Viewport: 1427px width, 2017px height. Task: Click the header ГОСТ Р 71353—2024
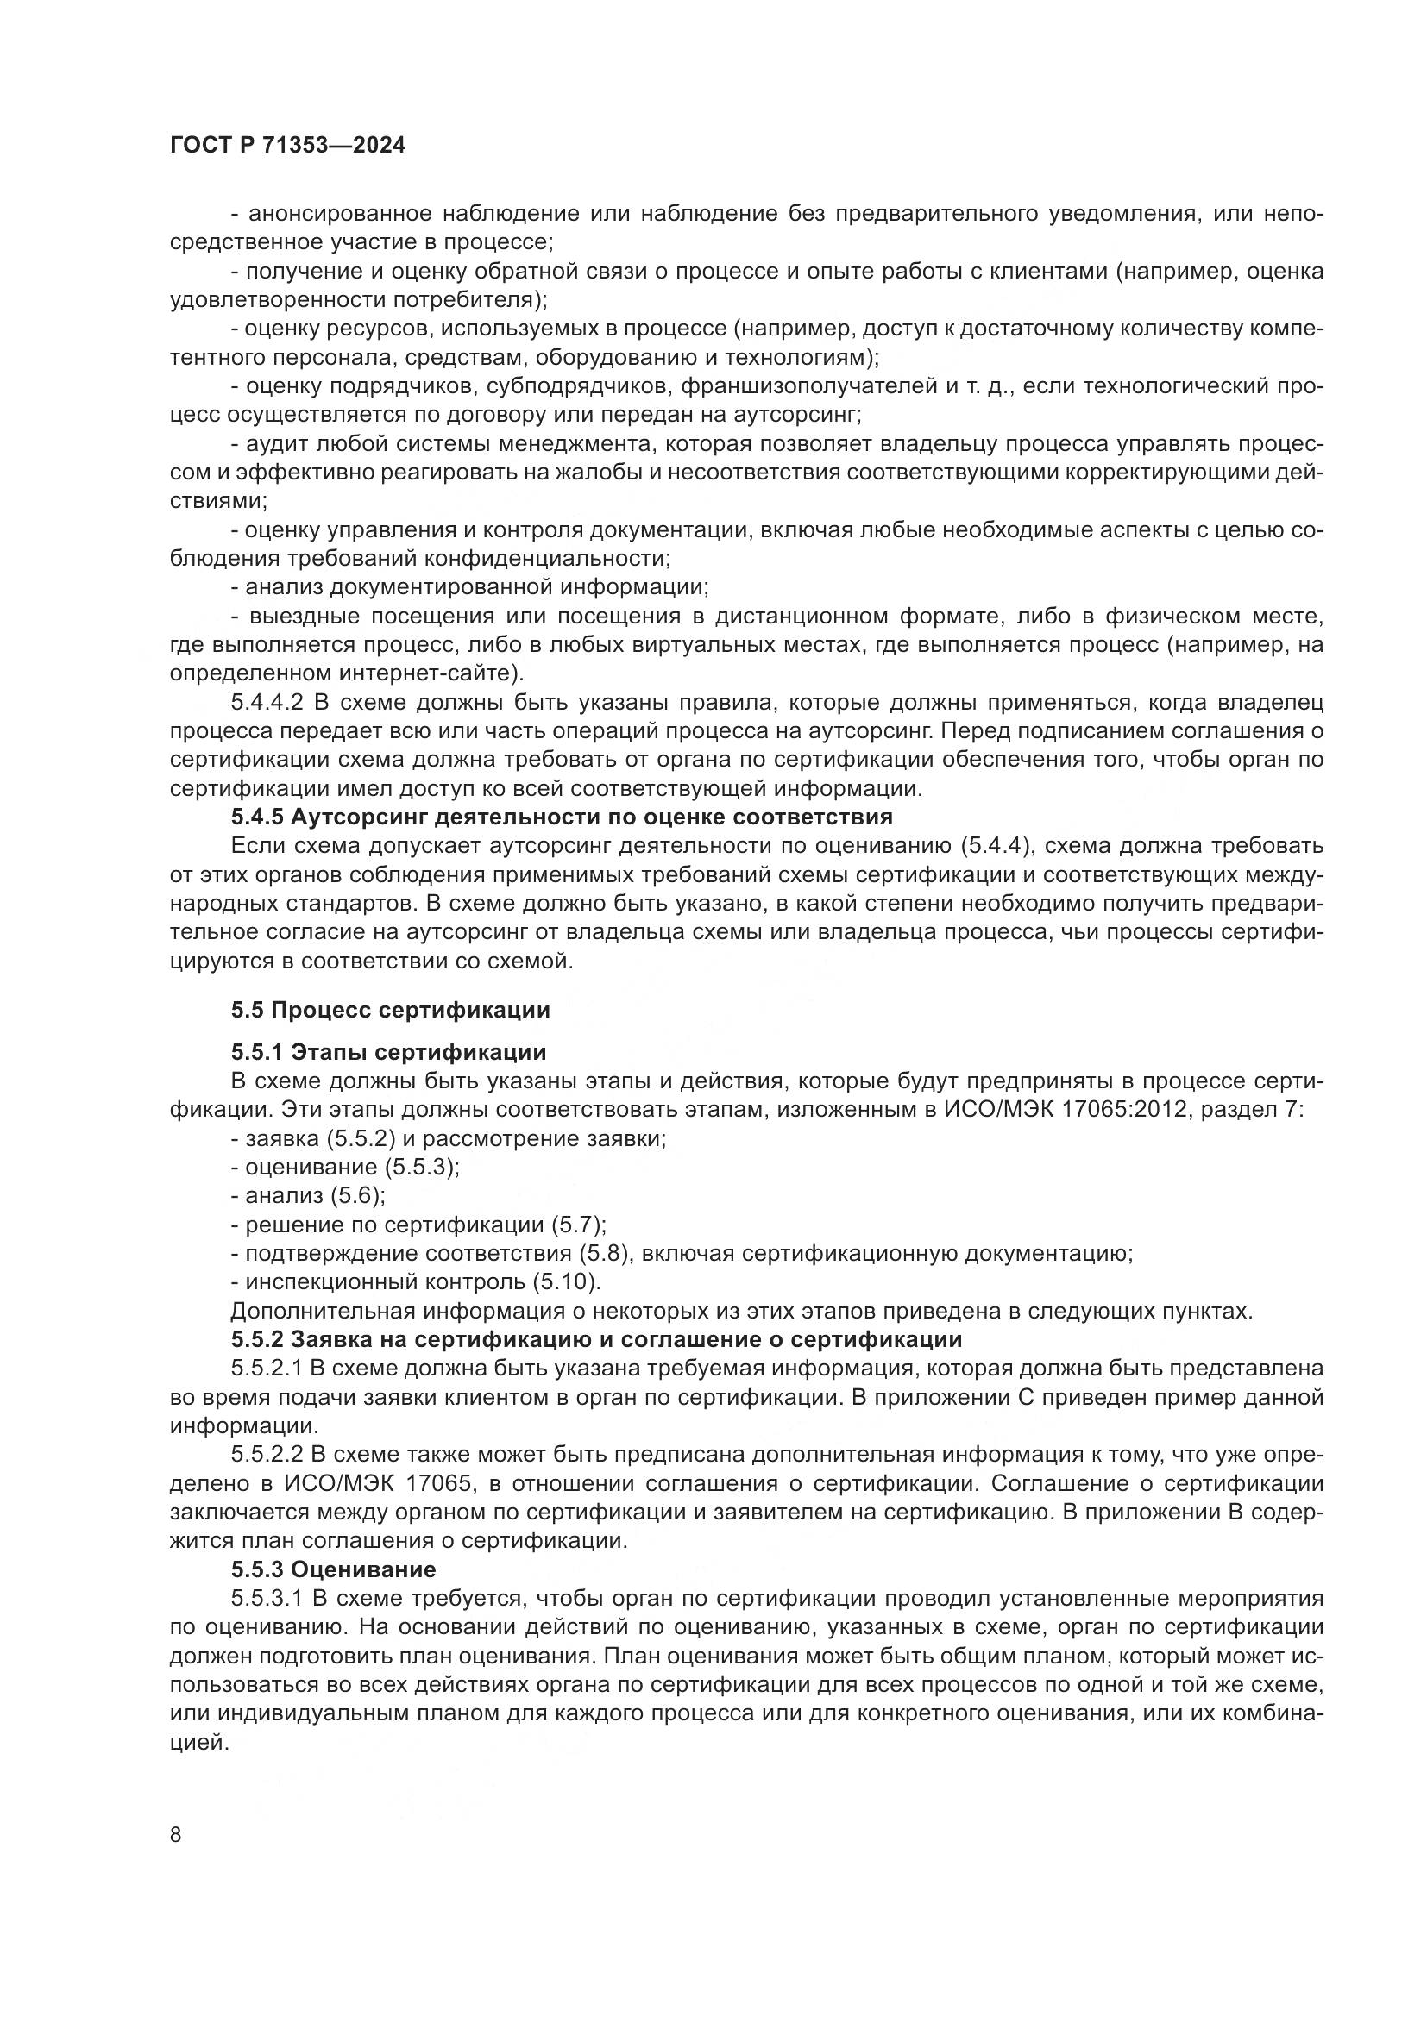point(287,146)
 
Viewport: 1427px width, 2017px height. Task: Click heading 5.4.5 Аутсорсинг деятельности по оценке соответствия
point(562,817)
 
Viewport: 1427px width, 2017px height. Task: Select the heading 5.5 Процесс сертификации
point(390,1010)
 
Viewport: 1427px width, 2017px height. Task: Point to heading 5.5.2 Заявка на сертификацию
point(596,1340)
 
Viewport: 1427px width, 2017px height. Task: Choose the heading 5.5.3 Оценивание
point(333,1569)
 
